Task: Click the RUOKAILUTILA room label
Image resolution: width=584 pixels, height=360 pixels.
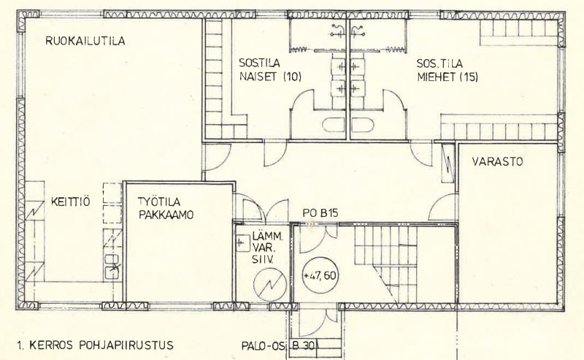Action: (85, 42)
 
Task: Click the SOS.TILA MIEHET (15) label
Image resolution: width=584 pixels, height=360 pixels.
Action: (447, 68)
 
